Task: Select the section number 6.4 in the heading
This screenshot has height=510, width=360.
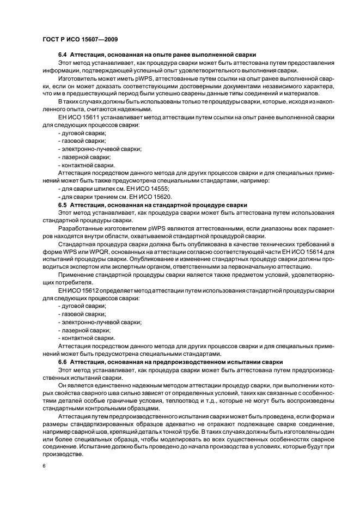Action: coord(63,55)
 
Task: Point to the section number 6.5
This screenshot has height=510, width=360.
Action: coord(63,204)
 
